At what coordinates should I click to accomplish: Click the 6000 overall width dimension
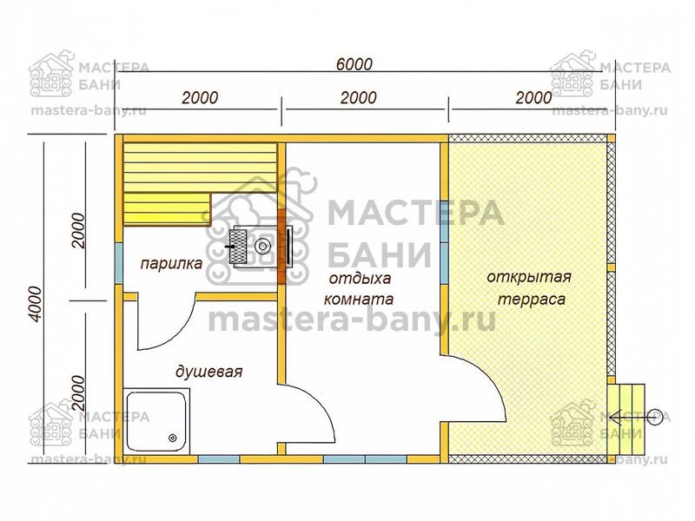pos(354,64)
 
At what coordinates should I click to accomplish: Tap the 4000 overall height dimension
pos(35,304)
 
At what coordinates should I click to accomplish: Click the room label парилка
pos(171,264)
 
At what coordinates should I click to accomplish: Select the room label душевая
pos(208,372)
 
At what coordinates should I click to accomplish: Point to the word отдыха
pos(360,279)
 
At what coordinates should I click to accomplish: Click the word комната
pos(359,299)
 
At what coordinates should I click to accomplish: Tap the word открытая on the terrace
pos(529,277)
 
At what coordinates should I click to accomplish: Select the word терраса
pos(532,300)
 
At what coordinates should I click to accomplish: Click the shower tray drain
pos(172,438)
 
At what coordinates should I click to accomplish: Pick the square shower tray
pos(157,421)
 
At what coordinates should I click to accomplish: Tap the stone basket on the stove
pos(238,247)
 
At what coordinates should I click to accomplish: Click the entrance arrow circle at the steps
pos(655,417)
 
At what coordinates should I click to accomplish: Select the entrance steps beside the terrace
pos(625,419)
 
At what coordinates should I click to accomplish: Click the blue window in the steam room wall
pos(118,263)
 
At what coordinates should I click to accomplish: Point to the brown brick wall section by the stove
pos(281,247)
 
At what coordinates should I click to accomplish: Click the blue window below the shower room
pos(219,459)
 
